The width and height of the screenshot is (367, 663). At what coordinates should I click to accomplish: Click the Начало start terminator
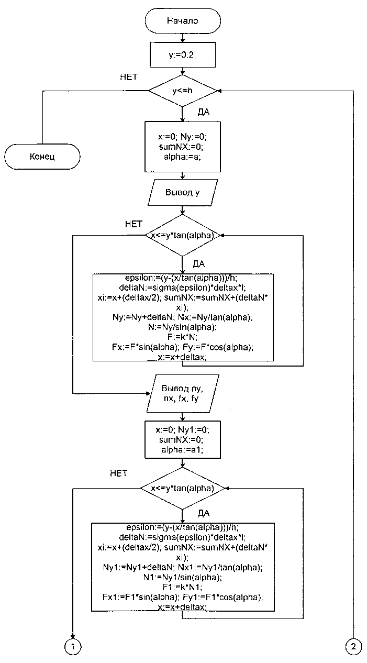click(182, 21)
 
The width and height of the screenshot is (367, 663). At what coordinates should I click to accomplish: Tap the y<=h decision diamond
click(182, 91)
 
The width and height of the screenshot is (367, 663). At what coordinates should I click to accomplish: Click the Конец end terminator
click(42, 156)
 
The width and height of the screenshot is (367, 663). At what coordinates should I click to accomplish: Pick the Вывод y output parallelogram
click(182, 192)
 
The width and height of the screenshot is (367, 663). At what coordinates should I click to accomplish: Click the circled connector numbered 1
click(73, 647)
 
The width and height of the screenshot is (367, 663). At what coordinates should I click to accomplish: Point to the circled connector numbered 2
click(354, 647)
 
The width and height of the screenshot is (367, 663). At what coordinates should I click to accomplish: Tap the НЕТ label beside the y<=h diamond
click(129, 77)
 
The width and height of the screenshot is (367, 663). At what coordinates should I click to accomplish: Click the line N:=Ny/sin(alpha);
click(181, 327)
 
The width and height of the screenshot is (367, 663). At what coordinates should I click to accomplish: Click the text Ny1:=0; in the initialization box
click(196, 429)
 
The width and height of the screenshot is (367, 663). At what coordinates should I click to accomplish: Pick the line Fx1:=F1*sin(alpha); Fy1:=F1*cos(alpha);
click(181, 596)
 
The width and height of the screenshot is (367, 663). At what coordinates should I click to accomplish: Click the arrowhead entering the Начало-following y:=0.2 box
click(182, 40)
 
